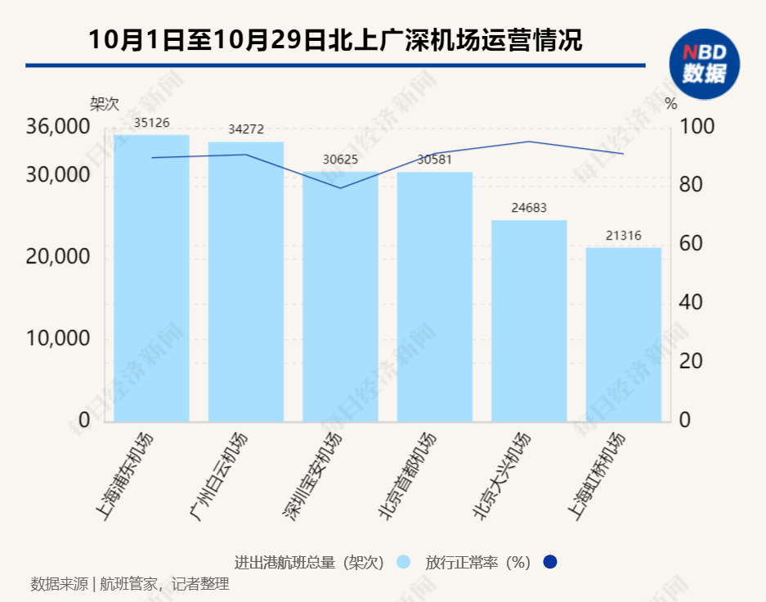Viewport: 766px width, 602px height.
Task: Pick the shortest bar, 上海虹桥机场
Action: [624, 335]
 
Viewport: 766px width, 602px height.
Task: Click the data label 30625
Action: [340, 159]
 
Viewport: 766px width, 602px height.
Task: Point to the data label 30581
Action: [435, 159]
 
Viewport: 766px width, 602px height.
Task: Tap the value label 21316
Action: [624, 236]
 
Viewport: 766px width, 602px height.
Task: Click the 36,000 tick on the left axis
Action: [57, 128]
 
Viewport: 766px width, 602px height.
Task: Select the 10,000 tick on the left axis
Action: [57, 339]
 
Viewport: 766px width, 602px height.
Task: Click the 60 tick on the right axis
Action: [692, 245]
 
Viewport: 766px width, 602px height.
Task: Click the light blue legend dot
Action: [402, 563]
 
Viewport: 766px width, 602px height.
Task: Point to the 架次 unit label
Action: [105, 105]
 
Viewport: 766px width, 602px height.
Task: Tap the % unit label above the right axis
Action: [671, 104]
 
